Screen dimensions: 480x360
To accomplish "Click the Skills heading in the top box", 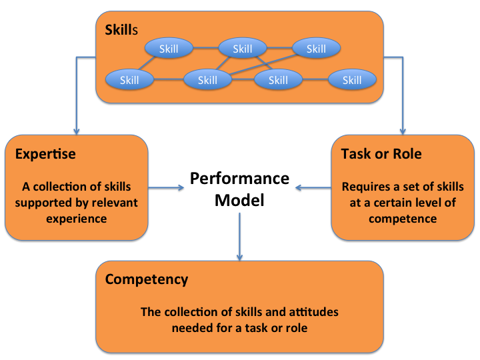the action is pos(121,30).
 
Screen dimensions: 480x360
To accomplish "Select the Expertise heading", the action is pos(45,154).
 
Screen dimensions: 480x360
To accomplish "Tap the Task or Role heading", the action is pos(381,154).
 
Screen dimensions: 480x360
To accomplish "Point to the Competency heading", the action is pos(147,280).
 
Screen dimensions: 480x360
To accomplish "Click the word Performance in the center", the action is pos(240,179).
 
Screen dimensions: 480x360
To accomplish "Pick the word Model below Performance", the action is pos(239,200).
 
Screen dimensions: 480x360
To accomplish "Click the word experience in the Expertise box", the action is pos(77,219).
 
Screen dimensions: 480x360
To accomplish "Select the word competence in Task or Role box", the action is pos(403,219).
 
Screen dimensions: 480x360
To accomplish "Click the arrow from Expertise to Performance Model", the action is pos(166,187).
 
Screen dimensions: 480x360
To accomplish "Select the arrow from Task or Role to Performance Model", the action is pos(313,187).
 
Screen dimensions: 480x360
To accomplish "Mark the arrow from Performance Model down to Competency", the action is pos(240,237).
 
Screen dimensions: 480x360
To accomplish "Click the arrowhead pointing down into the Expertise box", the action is pos(77,131).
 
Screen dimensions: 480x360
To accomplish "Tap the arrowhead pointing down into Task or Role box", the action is pos(403,131).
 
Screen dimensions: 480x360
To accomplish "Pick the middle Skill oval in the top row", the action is pos(243,48).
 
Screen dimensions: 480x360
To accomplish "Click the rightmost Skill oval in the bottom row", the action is pos(352,79).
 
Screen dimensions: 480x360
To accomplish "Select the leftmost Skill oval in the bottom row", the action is pos(129,79).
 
